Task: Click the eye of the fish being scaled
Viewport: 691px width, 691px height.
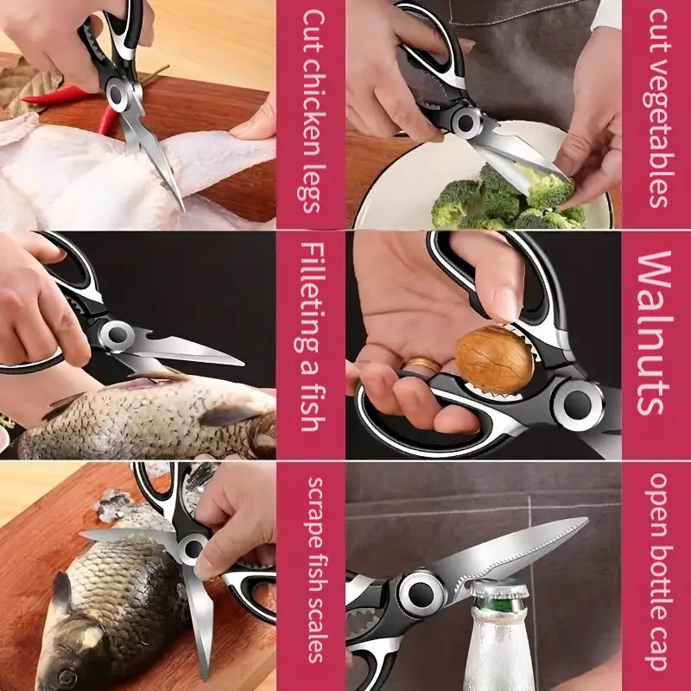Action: pyautogui.click(x=61, y=596)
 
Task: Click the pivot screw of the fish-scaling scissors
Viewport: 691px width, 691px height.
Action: pyautogui.click(x=192, y=546)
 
